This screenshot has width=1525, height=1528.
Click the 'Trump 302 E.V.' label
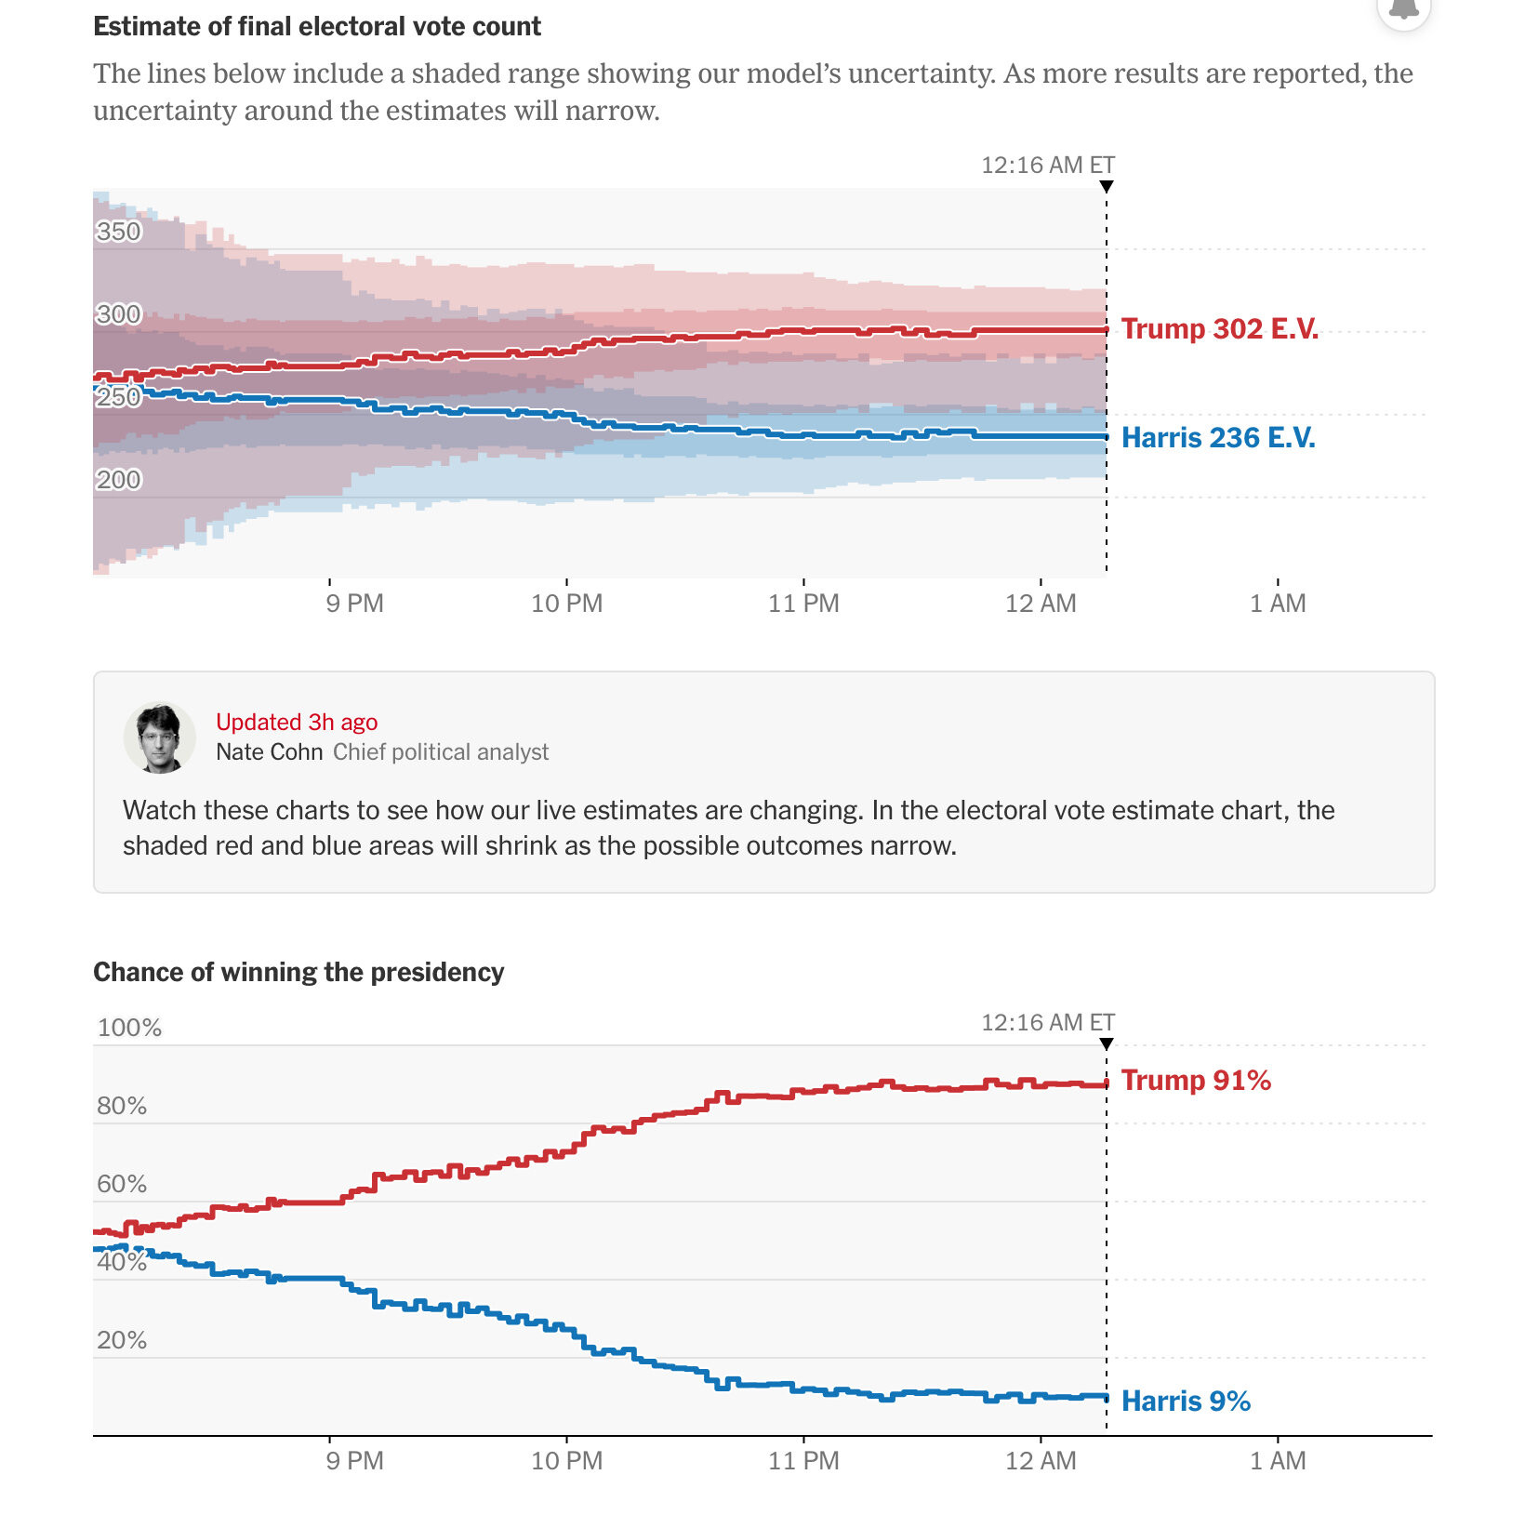tap(1219, 329)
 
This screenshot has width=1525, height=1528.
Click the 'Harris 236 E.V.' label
tap(1218, 438)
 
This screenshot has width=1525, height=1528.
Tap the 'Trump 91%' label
tap(1196, 1081)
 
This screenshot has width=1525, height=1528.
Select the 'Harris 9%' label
tap(1186, 1402)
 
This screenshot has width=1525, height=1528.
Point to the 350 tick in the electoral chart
tap(119, 232)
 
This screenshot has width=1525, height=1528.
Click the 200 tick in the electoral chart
tap(119, 480)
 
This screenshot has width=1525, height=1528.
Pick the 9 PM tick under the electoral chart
tap(354, 604)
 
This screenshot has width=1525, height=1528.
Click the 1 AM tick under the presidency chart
tap(1278, 1461)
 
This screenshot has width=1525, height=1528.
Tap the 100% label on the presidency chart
tap(129, 1028)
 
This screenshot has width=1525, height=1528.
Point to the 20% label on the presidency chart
tap(122, 1340)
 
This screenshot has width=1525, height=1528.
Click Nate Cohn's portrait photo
tap(159, 737)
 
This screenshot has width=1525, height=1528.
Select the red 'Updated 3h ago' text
tap(297, 723)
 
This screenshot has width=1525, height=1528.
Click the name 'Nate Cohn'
tap(269, 752)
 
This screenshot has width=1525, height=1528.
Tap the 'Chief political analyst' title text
tap(441, 752)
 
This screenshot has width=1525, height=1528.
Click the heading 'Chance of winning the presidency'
tap(298, 972)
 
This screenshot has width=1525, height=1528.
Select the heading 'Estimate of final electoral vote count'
tap(317, 26)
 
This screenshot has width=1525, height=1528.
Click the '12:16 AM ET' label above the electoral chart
tap(1047, 166)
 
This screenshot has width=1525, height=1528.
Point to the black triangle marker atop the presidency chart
tap(1107, 1044)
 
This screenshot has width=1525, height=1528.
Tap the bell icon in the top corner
tap(1403, 9)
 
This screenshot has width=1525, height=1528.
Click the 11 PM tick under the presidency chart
tap(803, 1461)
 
